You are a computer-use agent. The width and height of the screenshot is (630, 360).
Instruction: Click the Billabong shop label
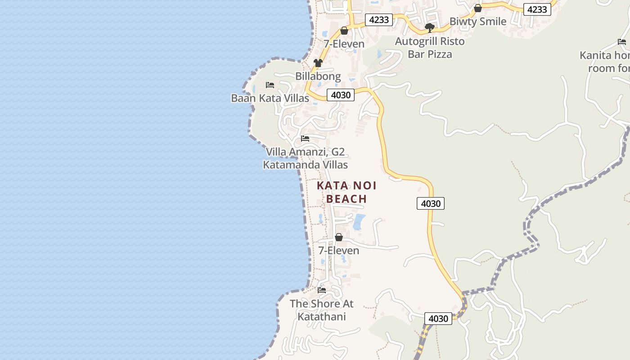[318, 76]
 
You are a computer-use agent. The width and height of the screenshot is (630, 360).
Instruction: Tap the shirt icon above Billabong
[318, 63]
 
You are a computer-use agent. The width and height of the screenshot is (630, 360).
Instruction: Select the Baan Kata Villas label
[270, 98]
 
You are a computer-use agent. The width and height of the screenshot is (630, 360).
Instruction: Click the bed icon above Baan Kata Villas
[270, 85]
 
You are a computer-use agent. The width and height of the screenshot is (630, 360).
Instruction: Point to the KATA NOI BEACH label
[346, 192]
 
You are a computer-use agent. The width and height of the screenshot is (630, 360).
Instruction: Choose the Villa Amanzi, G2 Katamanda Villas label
[305, 158]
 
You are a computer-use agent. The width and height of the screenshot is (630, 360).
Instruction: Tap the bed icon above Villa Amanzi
[305, 138]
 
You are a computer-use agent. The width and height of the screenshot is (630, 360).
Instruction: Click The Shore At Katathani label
[321, 310]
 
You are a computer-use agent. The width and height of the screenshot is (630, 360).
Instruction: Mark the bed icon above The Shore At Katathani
[321, 290]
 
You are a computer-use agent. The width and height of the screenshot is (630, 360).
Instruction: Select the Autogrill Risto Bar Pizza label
[430, 48]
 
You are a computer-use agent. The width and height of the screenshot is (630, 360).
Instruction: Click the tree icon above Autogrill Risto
[430, 28]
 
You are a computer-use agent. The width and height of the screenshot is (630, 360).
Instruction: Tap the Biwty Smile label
[478, 22]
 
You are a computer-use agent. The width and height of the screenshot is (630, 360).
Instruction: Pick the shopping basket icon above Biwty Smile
[478, 8]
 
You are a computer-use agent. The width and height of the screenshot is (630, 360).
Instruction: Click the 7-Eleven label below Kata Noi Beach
[338, 251]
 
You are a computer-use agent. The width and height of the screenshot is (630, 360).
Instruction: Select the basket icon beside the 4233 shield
[344, 31]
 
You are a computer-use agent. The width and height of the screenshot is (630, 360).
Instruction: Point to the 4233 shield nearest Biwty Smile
[537, 9]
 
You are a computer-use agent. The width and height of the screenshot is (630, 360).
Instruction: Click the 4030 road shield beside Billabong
[341, 95]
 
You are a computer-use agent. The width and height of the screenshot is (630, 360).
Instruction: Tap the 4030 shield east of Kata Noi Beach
[431, 203]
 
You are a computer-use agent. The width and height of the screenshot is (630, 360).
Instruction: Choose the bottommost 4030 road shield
[438, 319]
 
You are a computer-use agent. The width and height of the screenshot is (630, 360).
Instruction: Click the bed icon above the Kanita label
[622, 42]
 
